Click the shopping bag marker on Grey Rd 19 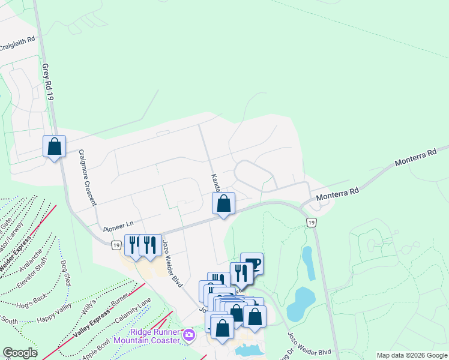(x=54, y=146)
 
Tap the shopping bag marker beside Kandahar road (x=223, y=203)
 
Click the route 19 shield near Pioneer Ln (x=116, y=244)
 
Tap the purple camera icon (x=190, y=335)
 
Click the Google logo (x=20, y=352)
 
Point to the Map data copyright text (x=411, y=355)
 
